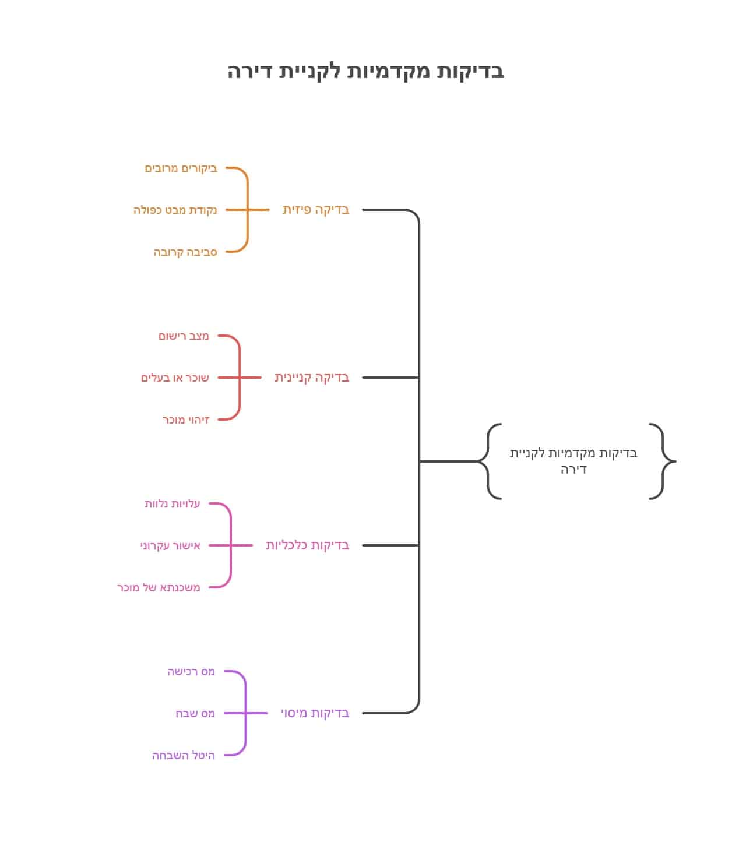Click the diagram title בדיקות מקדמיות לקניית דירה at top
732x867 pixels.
pyautogui.click(x=365, y=71)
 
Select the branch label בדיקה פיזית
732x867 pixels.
pyautogui.click(x=316, y=210)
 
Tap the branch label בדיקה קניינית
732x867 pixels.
pyautogui.click(x=312, y=378)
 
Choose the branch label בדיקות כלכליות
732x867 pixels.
pyautogui.click(x=307, y=545)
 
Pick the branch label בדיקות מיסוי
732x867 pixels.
pyautogui.click(x=315, y=713)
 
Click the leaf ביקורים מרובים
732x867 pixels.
pyautogui.click(x=181, y=168)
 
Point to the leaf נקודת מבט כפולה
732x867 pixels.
pyautogui.click(x=175, y=210)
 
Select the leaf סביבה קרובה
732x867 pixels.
pyautogui.click(x=185, y=252)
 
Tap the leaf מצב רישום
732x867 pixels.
pyautogui.click(x=184, y=336)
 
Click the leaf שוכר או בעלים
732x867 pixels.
pyautogui.click(x=175, y=378)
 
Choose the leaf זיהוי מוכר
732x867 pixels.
pyautogui.click(x=186, y=420)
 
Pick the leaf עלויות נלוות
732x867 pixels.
pyautogui.click(x=172, y=504)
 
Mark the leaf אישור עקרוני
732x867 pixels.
pyautogui.click(x=170, y=546)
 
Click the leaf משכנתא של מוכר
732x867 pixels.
pyautogui.click(x=159, y=588)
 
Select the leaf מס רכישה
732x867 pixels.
pyautogui.click(x=191, y=672)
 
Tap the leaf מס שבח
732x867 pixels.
pyautogui.click(x=195, y=714)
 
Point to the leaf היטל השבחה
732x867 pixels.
pyautogui.click(x=184, y=756)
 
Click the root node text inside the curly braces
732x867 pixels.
pyautogui.click(x=573, y=461)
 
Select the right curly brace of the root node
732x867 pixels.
pyautogui.click(x=663, y=461)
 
